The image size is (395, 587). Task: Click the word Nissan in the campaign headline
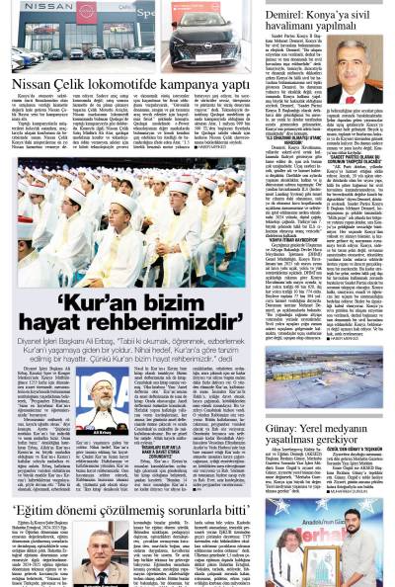(33, 86)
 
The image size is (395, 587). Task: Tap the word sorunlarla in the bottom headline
(198, 511)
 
